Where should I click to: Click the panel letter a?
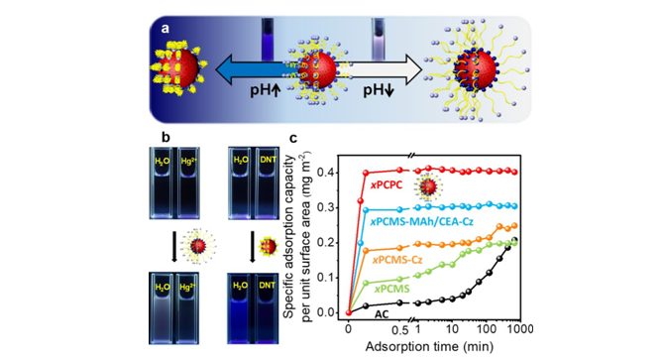click(x=166, y=29)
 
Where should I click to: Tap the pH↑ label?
click(x=265, y=90)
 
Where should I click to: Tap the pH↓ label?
click(x=379, y=90)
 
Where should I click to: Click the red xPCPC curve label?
click(x=387, y=185)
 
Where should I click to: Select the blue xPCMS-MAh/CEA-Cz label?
click(x=422, y=221)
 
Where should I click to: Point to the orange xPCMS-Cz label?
click(x=397, y=259)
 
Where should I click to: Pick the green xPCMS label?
click(x=391, y=290)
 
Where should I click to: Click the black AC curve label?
click(x=382, y=314)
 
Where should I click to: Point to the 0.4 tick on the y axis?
click(x=331, y=173)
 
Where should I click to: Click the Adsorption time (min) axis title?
click(x=429, y=346)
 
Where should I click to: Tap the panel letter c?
click(x=293, y=139)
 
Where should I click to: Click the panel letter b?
click(x=166, y=137)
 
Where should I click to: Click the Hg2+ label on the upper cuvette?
click(x=186, y=161)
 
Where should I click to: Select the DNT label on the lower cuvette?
click(x=268, y=285)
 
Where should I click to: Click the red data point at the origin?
click(x=349, y=313)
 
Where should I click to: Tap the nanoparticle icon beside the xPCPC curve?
click(x=428, y=186)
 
